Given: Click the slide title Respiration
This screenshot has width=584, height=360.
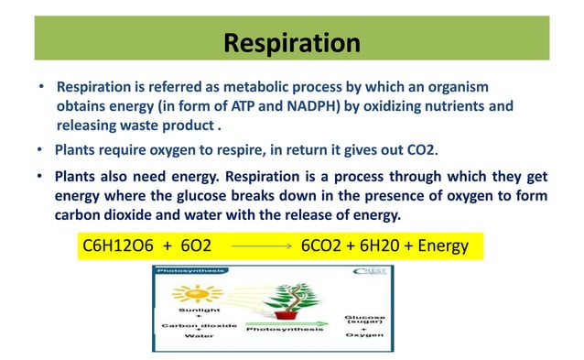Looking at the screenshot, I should tap(292, 42).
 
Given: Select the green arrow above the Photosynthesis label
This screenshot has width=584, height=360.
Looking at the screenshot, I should tap(286, 323).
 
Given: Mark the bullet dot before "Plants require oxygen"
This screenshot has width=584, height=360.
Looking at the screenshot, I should tap(40, 148).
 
